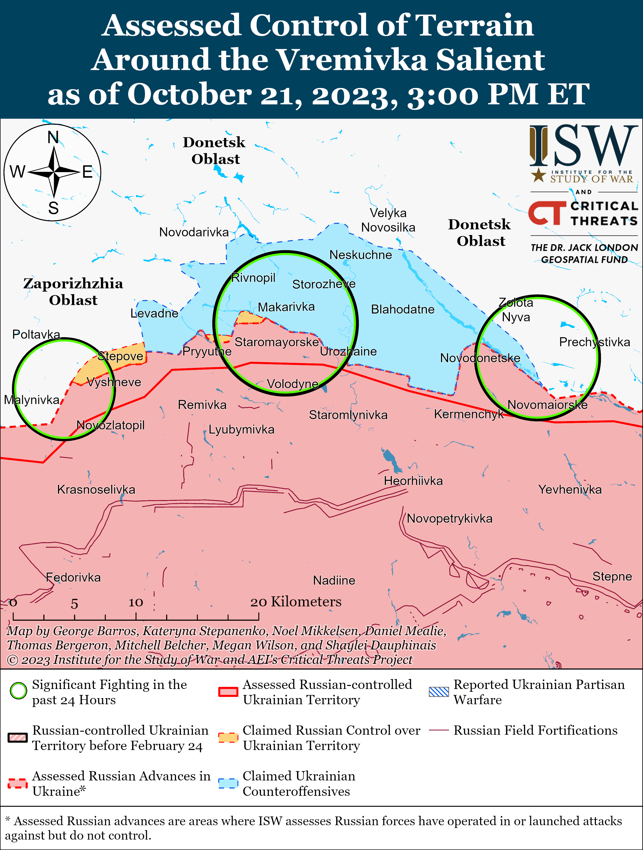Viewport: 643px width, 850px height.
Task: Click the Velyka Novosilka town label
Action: tap(388, 220)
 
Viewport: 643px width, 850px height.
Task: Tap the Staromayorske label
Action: tap(277, 342)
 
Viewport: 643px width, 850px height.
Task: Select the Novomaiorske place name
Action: tap(547, 405)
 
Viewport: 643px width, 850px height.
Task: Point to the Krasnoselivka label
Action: tap(96, 490)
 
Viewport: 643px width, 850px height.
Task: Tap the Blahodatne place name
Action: tap(402, 309)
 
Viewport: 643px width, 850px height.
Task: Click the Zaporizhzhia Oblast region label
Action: tap(73, 292)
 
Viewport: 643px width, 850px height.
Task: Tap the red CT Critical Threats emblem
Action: tap(546, 213)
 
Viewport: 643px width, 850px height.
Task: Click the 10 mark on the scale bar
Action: tap(136, 603)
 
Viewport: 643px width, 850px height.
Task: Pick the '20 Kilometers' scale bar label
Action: tap(296, 602)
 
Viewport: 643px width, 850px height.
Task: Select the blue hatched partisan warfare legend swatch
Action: tap(439, 692)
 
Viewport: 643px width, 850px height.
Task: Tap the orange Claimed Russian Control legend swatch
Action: tap(228, 737)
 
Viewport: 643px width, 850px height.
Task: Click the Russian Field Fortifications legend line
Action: tap(439, 730)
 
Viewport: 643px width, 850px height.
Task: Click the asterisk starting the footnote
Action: tap(8, 821)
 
